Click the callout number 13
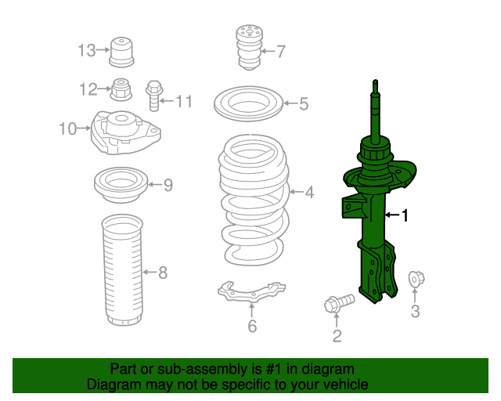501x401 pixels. [86, 51]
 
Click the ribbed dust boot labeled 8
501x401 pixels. [122, 270]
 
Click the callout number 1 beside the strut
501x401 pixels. [405, 215]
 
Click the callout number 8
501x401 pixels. [163, 273]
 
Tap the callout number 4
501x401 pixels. [309, 191]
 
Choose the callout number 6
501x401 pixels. [252, 326]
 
